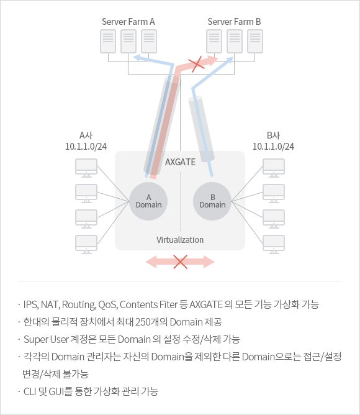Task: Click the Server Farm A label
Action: (128, 22)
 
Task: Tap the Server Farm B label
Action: (234, 22)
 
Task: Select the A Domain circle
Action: (148, 201)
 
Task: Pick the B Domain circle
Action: (212, 201)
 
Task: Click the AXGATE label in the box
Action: (181, 162)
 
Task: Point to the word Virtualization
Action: (180, 240)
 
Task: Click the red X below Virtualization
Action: (180, 262)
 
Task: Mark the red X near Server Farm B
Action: (196, 64)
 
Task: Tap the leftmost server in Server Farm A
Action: (108, 41)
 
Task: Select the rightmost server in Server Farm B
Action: (255, 41)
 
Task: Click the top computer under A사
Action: (86, 168)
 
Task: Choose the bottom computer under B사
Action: (274, 245)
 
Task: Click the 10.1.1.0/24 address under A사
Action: (86, 147)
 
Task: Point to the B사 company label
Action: (273, 135)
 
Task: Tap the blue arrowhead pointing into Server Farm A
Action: (137, 57)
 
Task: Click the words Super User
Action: (47, 339)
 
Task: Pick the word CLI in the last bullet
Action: (30, 391)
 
